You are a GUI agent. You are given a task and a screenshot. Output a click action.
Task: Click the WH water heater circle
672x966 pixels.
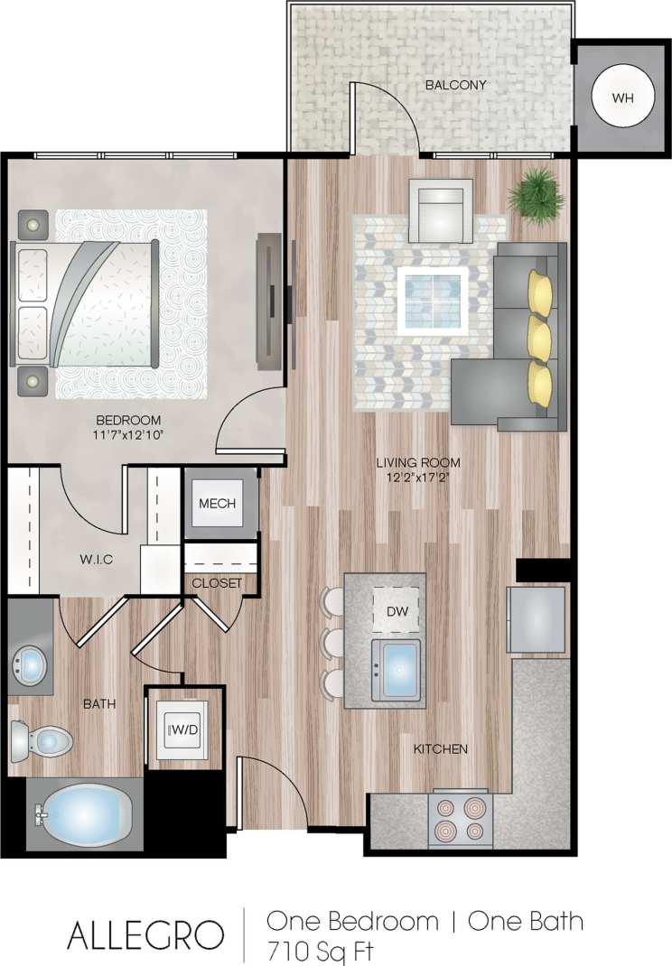pos(622,97)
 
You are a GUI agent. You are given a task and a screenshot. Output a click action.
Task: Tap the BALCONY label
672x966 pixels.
pos(456,86)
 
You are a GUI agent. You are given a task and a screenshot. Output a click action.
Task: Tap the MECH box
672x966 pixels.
pos(217,503)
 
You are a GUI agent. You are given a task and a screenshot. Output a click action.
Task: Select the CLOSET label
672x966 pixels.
pos(217,583)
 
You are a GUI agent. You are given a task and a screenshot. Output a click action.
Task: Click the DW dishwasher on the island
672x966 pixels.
pos(396,610)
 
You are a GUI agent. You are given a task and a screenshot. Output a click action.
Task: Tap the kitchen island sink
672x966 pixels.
pos(397,670)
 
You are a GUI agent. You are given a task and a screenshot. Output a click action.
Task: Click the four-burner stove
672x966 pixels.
pos(462,818)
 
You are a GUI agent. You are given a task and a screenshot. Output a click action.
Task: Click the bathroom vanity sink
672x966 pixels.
pos(31,666)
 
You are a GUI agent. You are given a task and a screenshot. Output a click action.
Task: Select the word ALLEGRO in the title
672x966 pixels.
pos(145,935)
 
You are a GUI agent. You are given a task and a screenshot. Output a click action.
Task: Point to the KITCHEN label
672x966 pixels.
pos(440,749)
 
